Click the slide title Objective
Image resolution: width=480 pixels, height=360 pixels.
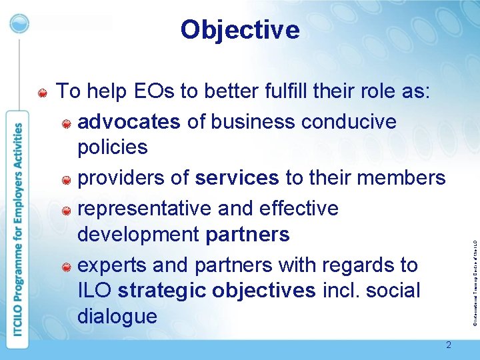click(x=240, y=30)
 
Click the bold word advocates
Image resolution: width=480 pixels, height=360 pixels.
click(x=129, y=122)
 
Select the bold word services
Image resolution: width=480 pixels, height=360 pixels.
click(x=237, y=178)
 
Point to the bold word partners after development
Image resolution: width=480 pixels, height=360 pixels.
click(x=247, y=235)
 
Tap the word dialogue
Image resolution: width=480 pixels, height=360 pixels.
click(x=117, y=317)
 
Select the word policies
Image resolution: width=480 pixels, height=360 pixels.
click(x=113, y=147)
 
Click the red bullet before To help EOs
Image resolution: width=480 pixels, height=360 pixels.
click(x=42, y=92)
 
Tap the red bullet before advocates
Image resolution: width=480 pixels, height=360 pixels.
click(x=67, y=123)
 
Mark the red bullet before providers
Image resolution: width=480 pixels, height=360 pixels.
click(x=67, y=179)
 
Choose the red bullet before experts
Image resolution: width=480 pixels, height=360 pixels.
click(x=67, y=267)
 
